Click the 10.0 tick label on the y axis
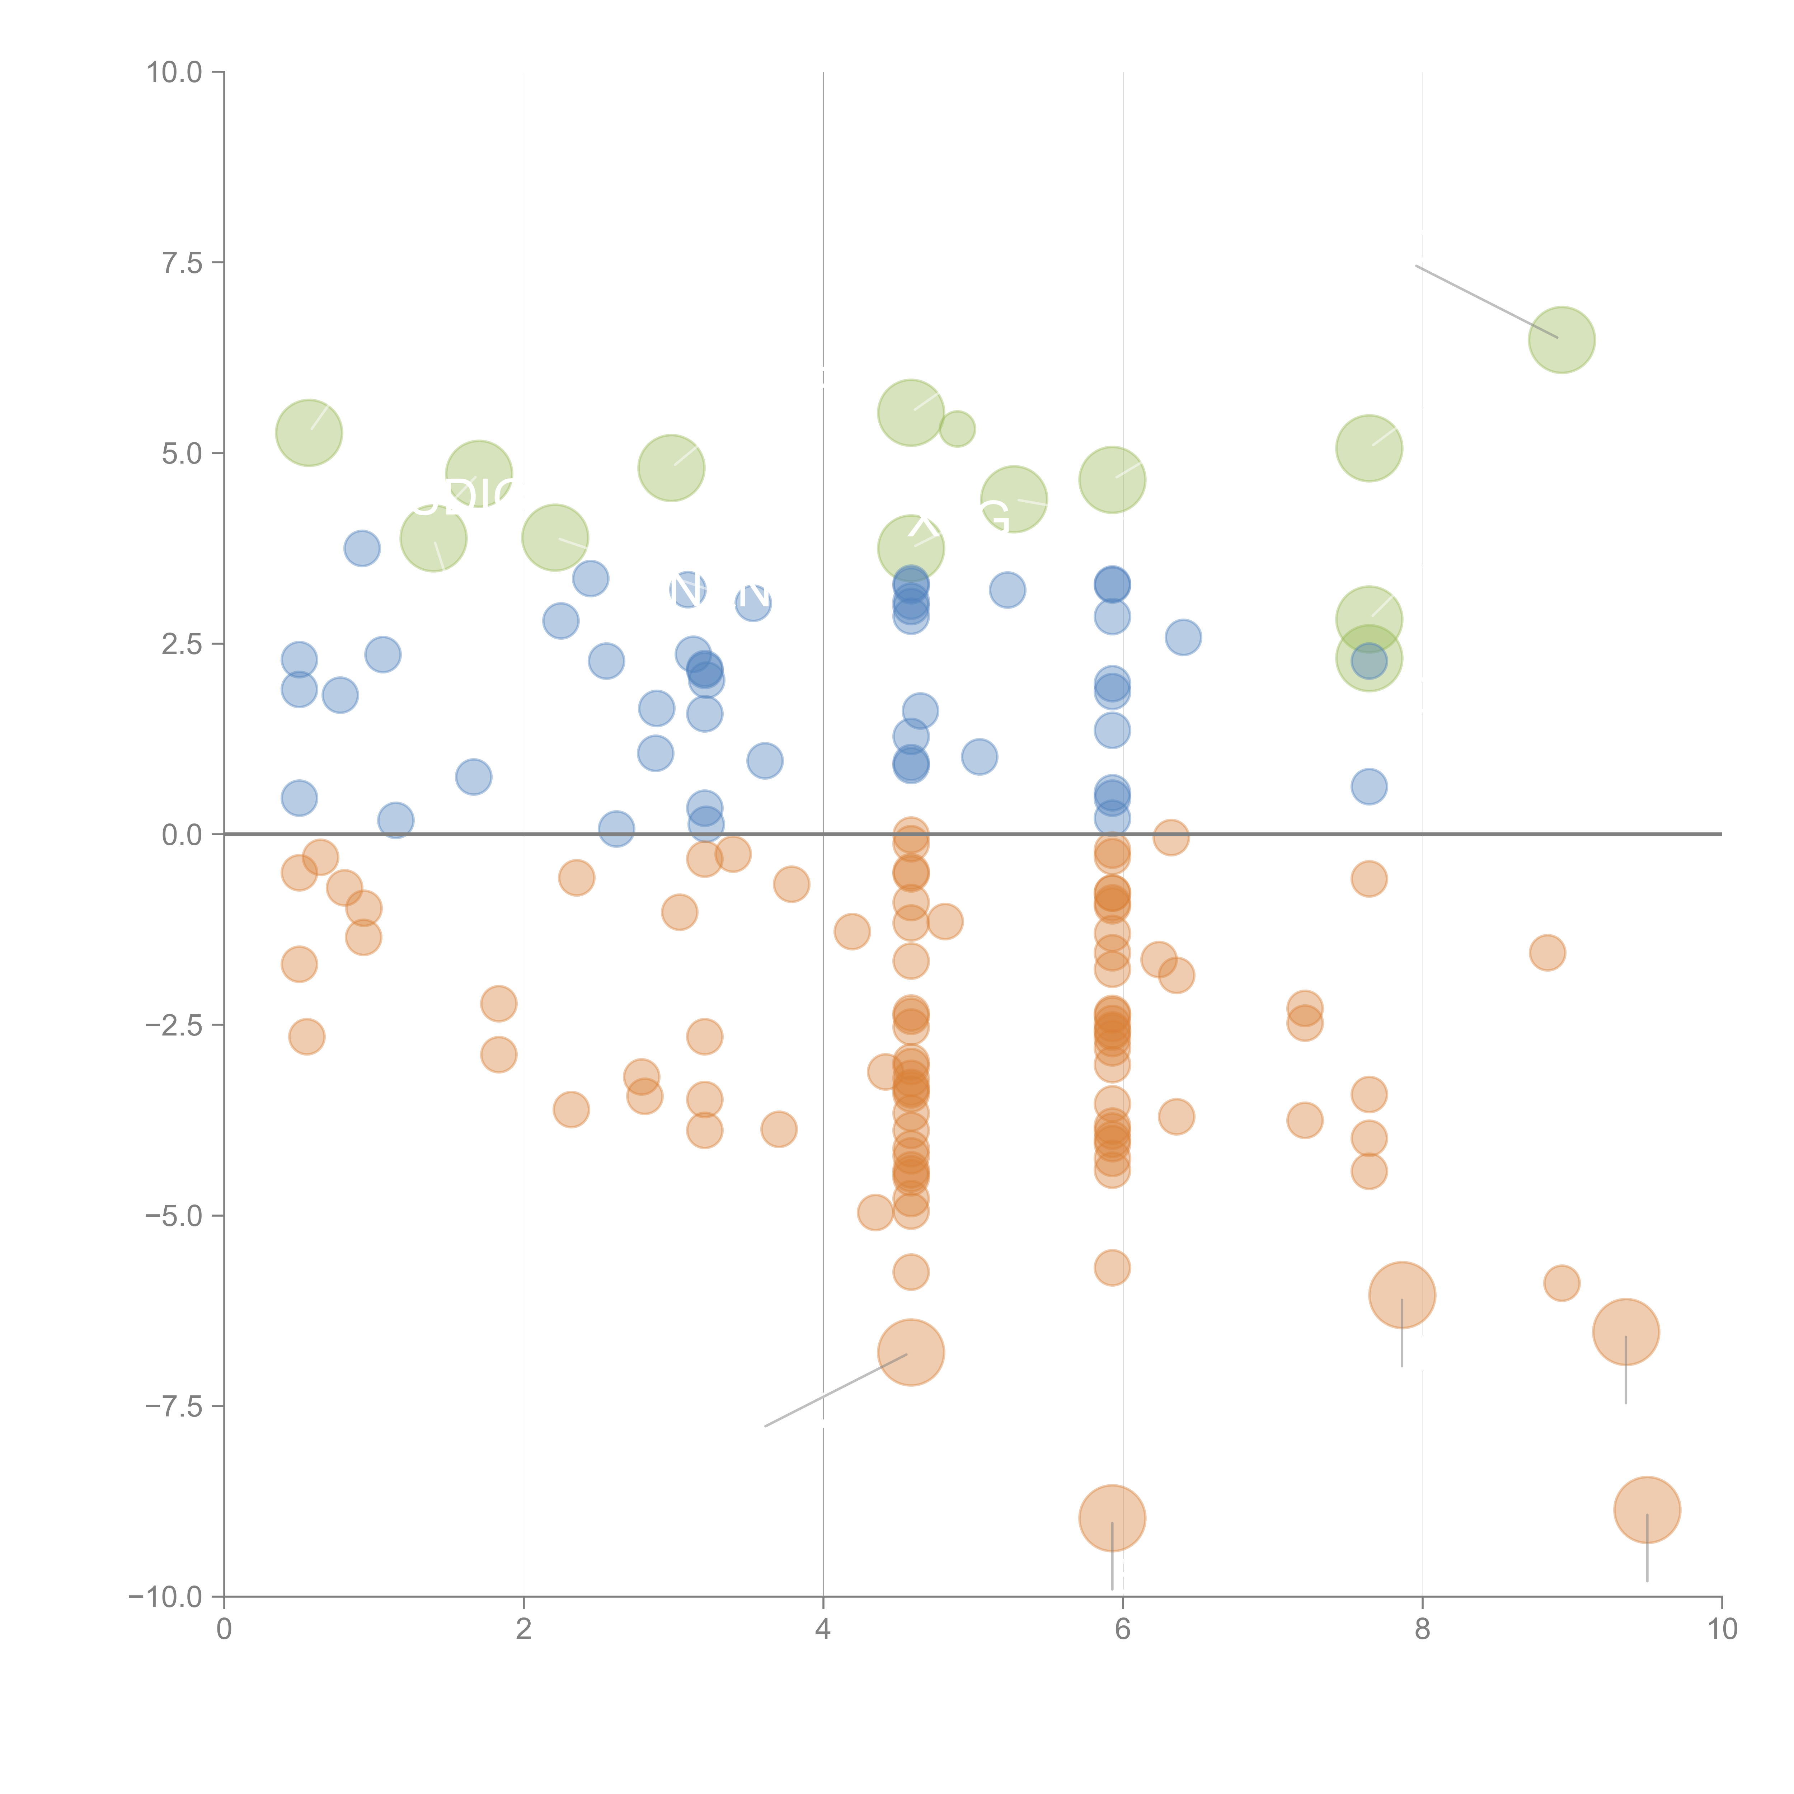(175, 72)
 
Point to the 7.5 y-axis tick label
(182, 263)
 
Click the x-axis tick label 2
(524, 1630)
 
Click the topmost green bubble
(1562, 340)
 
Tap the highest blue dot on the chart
(362, 548)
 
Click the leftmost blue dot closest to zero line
(395, 820)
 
